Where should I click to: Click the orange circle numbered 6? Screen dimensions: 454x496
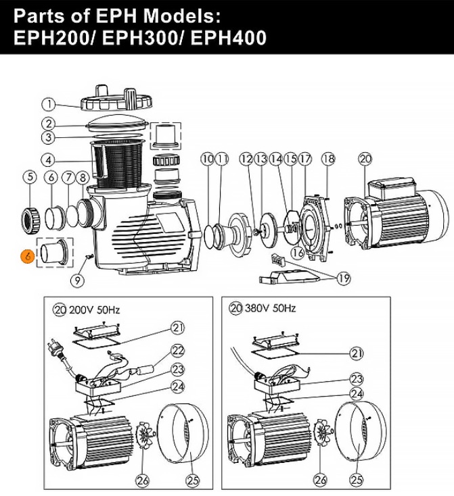(x=27, y=256)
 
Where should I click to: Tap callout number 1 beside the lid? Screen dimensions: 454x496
(x=49, y=104)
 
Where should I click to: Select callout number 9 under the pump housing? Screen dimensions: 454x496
(x=78, y=280)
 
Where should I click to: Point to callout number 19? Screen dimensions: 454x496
(x=344, y=278)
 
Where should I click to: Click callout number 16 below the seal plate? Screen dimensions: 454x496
(x=297, y=253)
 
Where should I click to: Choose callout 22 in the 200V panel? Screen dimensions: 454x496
(x=178, y=351)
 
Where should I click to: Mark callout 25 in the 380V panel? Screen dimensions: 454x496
(x=357, y=480)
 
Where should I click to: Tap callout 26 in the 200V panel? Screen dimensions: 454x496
(x=142, y=480)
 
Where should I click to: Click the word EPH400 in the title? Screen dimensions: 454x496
(x=229, y=38)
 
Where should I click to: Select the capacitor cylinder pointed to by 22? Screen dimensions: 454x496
(x=145, y=369)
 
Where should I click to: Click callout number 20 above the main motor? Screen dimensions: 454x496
(x=365, y=159)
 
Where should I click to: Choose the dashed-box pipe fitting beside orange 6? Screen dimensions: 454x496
(x=55, y=253)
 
